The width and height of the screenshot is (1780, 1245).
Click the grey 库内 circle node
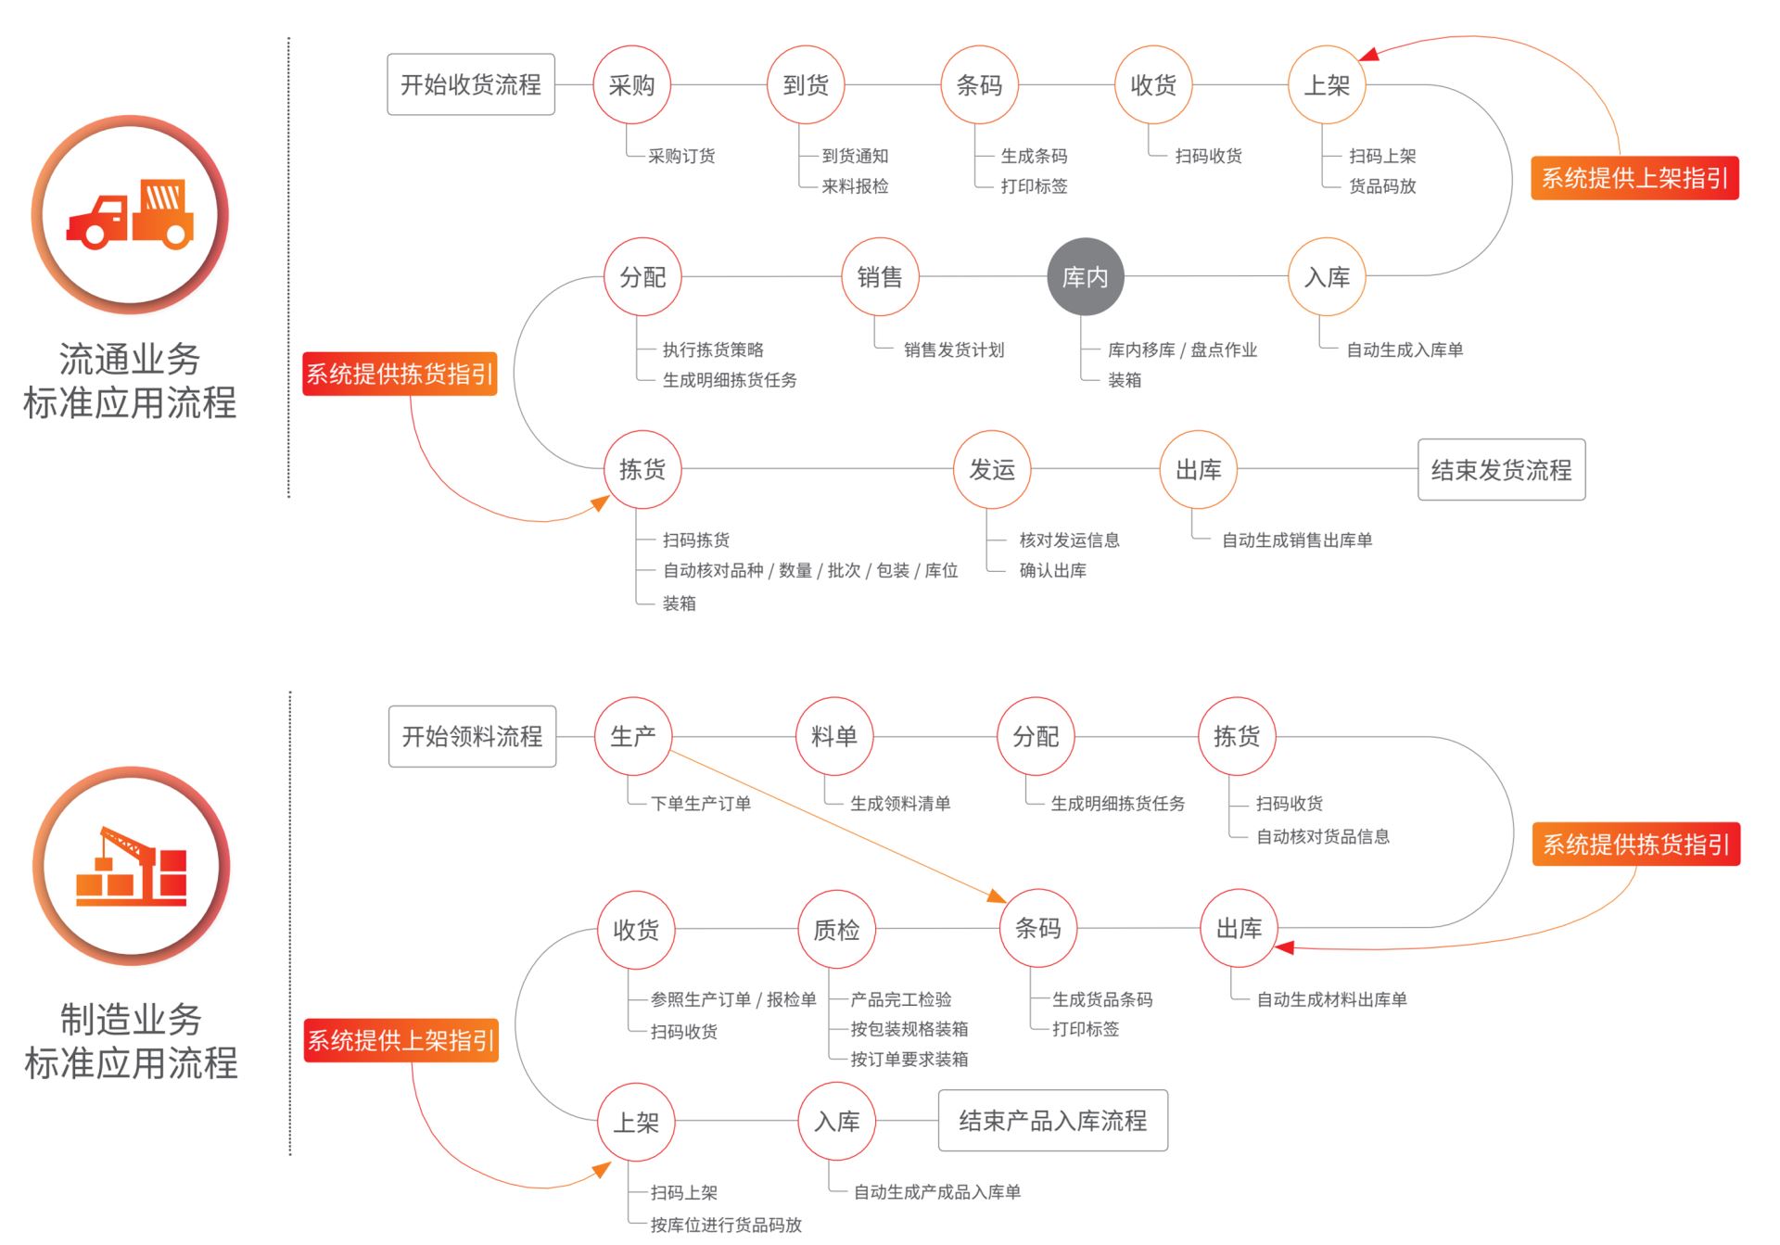click(1085, 276)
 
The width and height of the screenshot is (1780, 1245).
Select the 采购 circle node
click(631, 84)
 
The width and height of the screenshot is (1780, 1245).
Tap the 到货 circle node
click(806, 84)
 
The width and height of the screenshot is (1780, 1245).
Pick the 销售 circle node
click(880, 276)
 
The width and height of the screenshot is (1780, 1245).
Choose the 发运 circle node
click(992, 469)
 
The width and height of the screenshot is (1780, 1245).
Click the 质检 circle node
click(836, 929)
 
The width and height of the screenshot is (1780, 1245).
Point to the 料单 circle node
click(834, 736)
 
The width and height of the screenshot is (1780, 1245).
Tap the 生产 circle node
click(633, 736)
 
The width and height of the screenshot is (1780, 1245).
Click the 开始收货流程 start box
click(471, 84)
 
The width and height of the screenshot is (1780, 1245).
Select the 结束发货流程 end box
click(1502, 470)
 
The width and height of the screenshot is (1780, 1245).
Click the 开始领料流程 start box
click(473, 736)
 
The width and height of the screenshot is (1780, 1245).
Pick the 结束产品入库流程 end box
click(1053, 1121)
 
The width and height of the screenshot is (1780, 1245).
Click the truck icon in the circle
click(130, 215)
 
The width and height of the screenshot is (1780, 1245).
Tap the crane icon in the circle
click(131, 866)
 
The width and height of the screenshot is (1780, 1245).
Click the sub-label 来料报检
click(855, 186)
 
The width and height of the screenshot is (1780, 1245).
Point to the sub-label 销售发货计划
click(954, 349)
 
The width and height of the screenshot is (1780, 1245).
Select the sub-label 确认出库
click(1053, 570)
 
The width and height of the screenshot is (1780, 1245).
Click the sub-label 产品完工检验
click(901, 999)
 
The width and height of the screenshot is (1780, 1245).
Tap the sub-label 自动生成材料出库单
click(1331, 999)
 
